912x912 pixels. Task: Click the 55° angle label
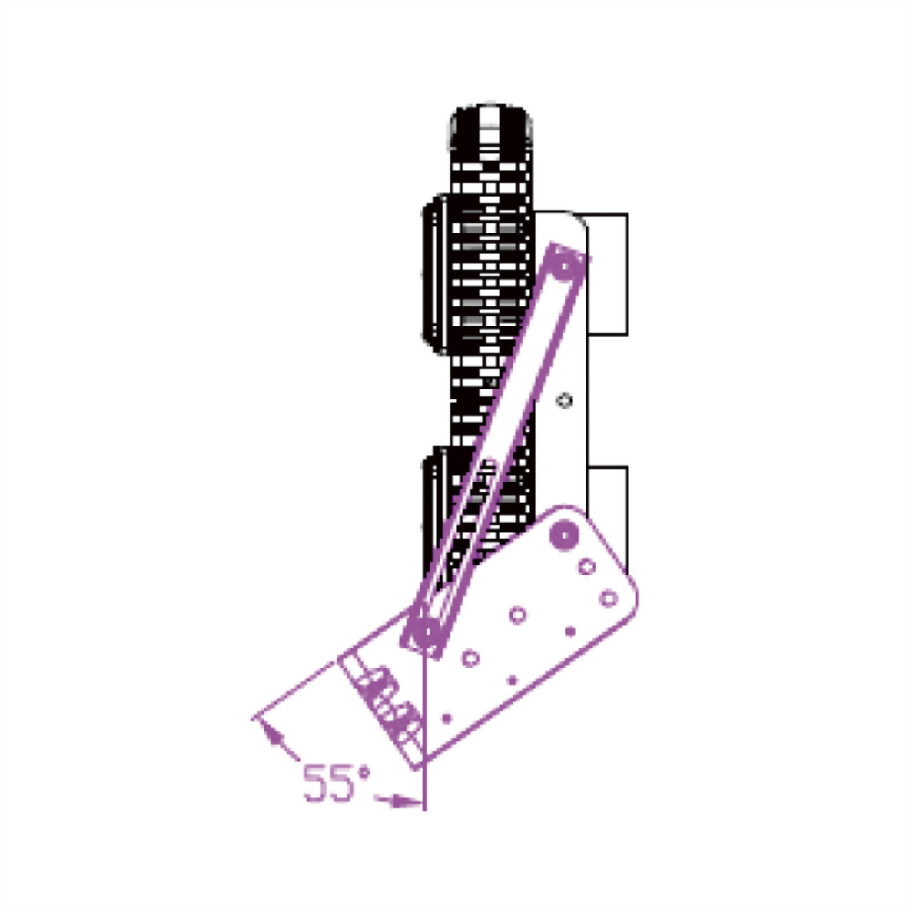coord(337,782)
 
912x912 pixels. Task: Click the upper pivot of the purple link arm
coord(567,263)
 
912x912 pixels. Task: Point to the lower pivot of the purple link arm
coord(423,630)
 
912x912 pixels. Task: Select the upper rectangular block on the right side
coord(607,272)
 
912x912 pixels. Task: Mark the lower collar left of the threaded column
coord(436,511)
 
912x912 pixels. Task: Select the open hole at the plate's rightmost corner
coord(608,598)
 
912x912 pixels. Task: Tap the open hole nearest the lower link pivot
coord(472,657)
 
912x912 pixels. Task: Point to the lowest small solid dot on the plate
coord(446,719)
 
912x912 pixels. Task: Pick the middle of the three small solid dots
coord(512,679)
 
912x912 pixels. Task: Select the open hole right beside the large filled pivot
coord(586,566)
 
